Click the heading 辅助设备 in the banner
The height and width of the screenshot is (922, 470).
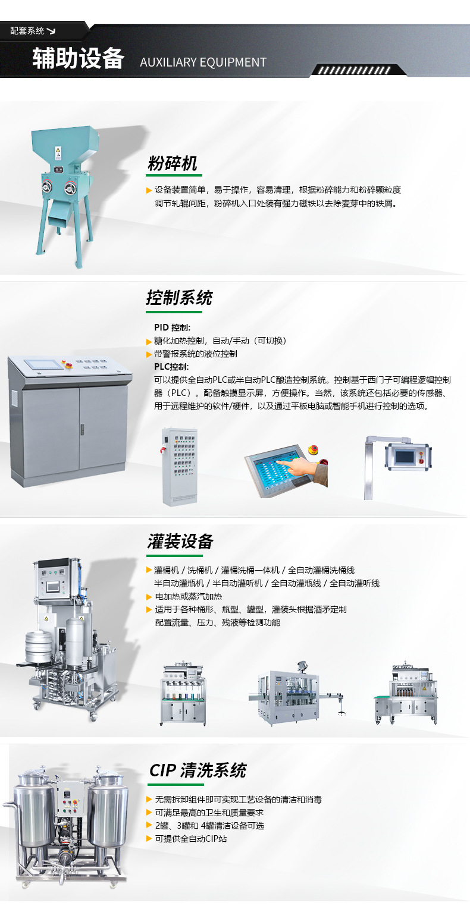point(78,59)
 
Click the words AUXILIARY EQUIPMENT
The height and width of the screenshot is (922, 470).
point(203,62)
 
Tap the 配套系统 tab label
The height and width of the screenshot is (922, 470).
point(28,31)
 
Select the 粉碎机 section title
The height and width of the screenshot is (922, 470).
point(172,164)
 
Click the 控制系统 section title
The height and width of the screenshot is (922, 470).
point(179,298)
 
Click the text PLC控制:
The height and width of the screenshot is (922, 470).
point(171,366)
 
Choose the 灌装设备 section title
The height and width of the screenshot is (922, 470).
point(180,542)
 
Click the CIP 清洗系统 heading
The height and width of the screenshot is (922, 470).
point(198,771)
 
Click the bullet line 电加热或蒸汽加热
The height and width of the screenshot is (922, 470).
point(188,596)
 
